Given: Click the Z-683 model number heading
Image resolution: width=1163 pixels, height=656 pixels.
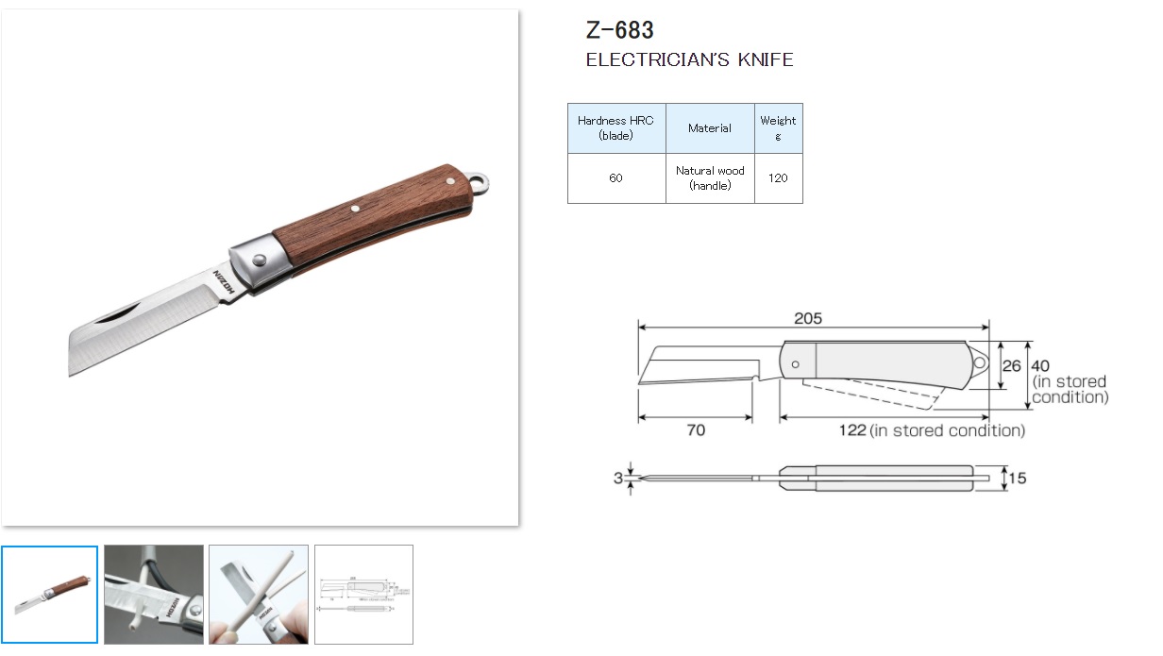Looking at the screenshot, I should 619,30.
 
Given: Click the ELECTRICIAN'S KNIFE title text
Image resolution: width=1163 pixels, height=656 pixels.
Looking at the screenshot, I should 689,59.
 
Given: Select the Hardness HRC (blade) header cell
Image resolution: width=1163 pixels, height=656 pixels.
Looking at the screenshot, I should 615,128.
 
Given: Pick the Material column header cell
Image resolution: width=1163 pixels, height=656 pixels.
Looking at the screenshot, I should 710,128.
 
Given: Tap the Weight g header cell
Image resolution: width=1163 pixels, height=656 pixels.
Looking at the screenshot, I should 778,128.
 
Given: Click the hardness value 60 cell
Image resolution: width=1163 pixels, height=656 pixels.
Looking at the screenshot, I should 615,178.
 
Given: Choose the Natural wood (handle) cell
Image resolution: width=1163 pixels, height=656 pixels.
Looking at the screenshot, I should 710,178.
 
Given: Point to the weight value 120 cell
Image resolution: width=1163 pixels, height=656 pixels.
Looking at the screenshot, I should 778,178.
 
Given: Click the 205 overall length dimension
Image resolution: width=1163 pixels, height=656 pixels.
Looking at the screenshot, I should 807,319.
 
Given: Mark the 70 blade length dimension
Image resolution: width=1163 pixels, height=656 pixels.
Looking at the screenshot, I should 696,430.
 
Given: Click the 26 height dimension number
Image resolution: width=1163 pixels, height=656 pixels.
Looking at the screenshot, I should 1011,365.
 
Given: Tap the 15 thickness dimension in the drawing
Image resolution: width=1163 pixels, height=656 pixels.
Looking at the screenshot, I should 1017,479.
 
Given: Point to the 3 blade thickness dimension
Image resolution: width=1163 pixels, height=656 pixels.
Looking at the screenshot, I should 618,479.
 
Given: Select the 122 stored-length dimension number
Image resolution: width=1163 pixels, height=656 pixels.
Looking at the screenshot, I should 852,430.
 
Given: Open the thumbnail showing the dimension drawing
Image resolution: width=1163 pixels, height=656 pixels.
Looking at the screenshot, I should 363,595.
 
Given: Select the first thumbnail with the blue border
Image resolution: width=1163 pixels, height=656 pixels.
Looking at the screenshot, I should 49,595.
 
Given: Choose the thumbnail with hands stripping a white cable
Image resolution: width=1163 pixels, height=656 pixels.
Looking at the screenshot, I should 258,595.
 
